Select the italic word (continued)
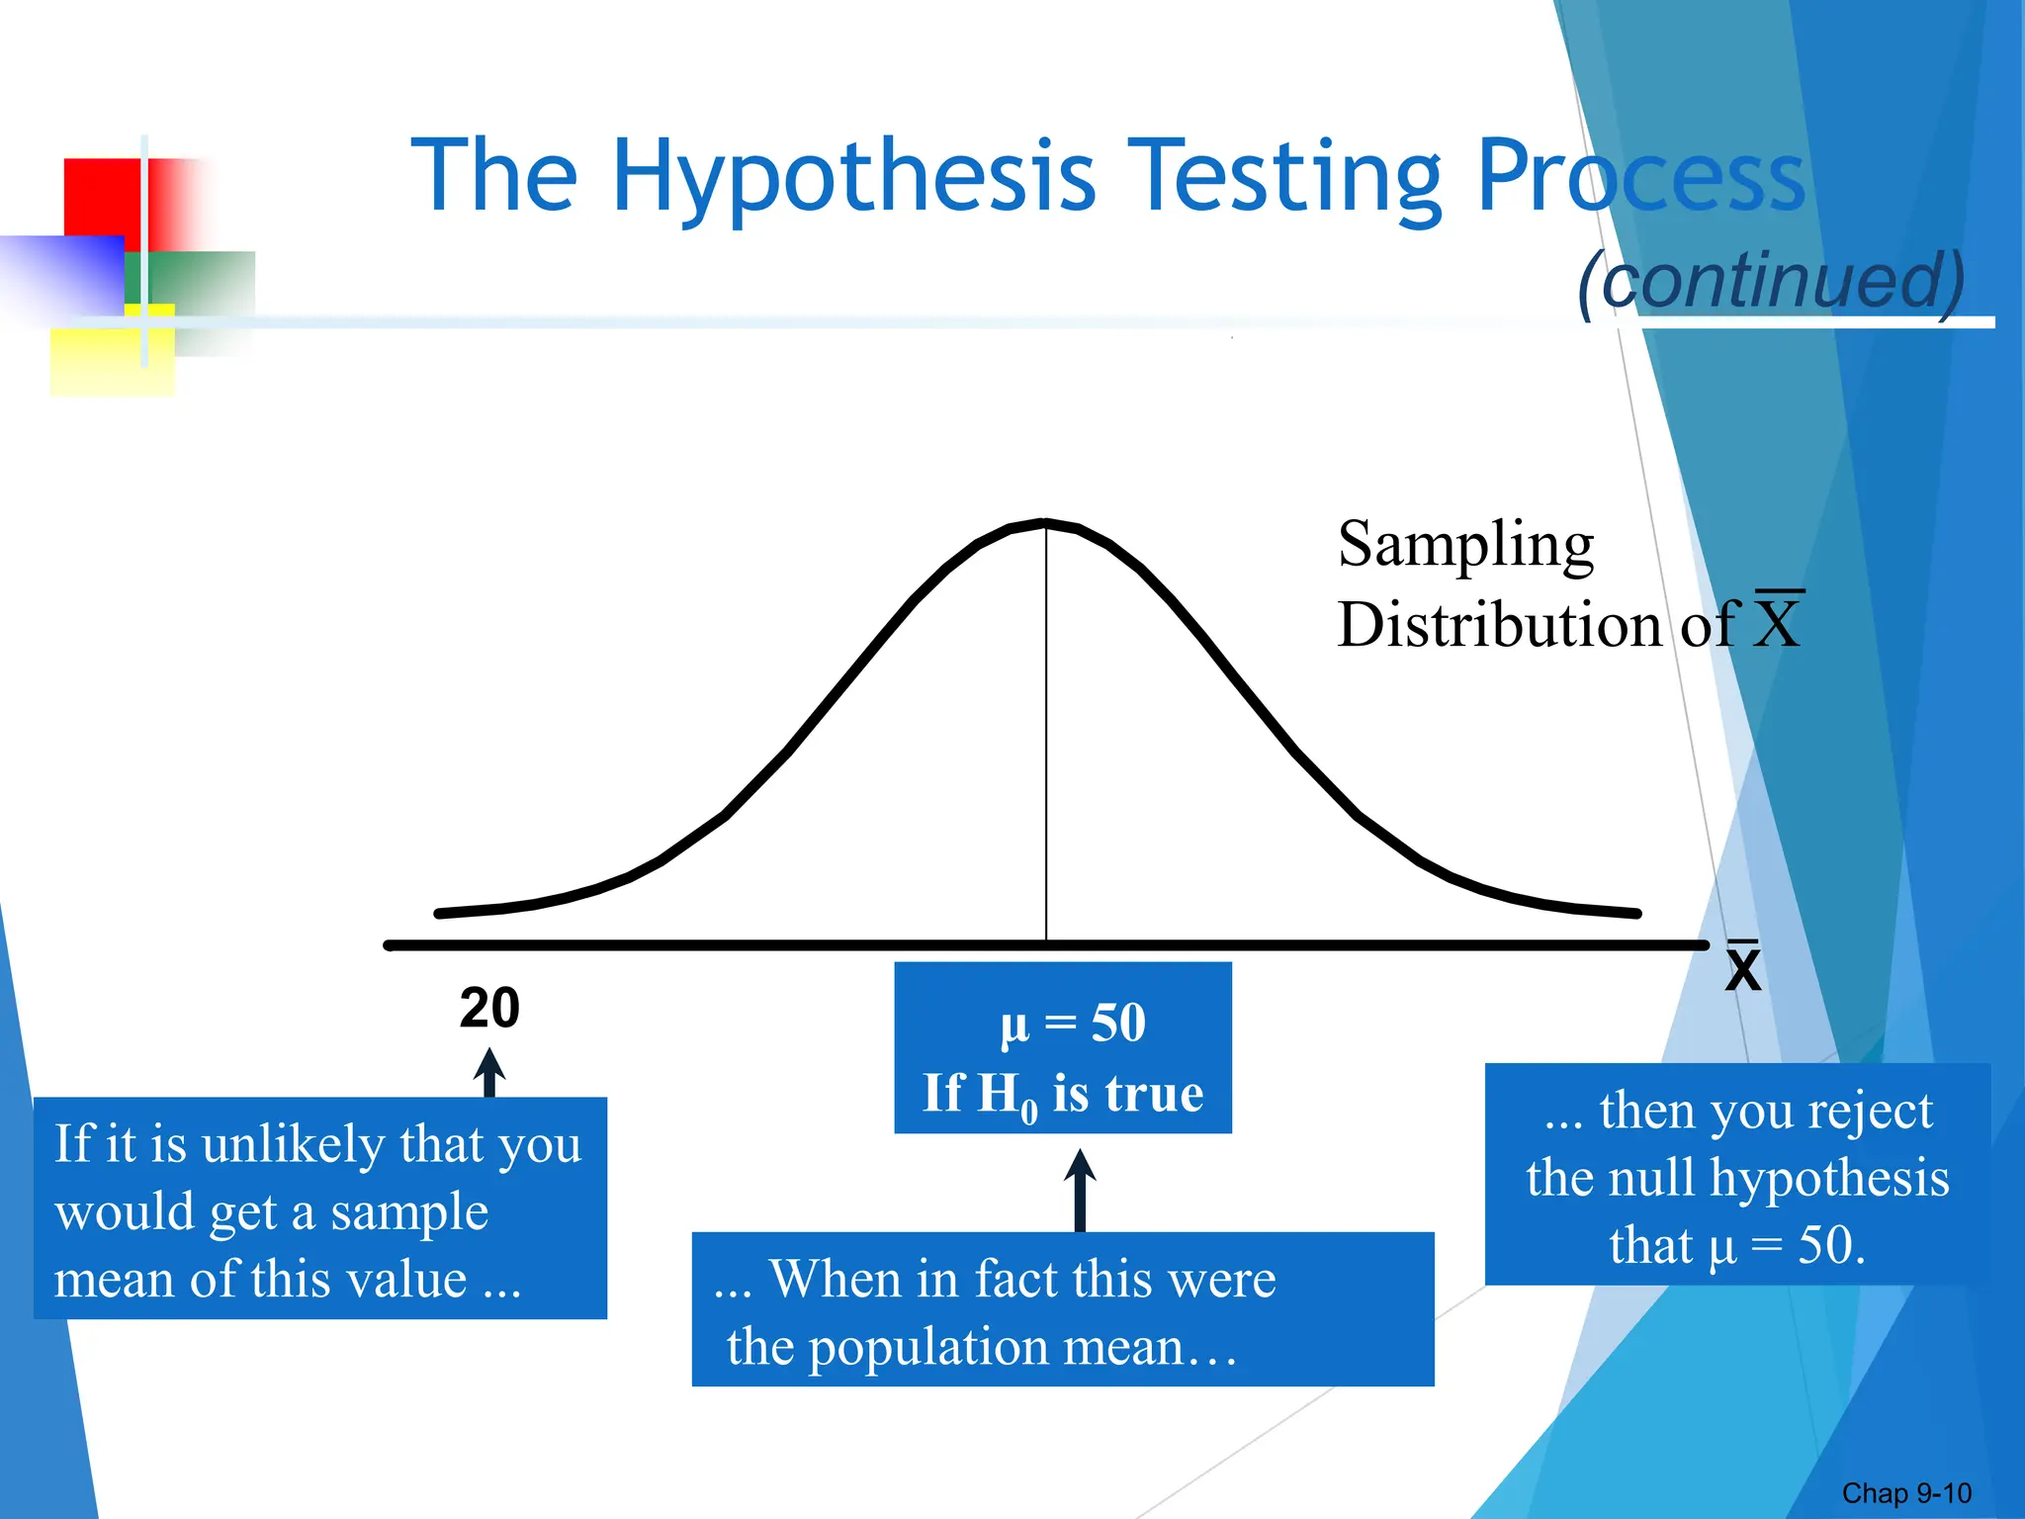pos(1771,281)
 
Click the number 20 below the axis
pos(489,1009)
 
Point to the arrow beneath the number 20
pos(489,1073)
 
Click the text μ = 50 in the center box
pos(1072,1023)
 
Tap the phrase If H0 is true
pos(1063,1094)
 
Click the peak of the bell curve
pos(1045,522)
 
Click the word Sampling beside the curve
pos(1465,545)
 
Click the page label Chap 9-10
pos(1906,1493)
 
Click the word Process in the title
pos(1641,178)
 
